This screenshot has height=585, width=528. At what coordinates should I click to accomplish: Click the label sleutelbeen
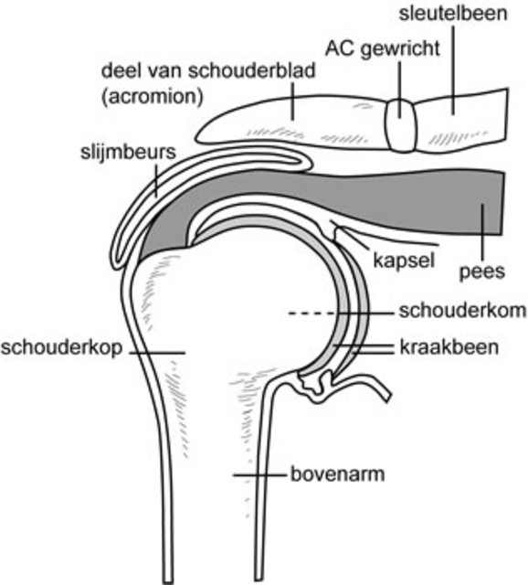(x=453, y=14)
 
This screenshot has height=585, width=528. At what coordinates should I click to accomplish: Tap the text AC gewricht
(x=383, y=48)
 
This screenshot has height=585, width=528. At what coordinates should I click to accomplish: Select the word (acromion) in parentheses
(x=153, y=97)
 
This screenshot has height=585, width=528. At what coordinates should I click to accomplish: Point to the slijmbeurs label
(x=128, y=153)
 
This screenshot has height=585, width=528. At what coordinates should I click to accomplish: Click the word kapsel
(x=404, y=261)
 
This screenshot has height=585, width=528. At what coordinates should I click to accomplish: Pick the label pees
(x=482, y=271)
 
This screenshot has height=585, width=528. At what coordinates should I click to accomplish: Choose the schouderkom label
(x=463, y=311)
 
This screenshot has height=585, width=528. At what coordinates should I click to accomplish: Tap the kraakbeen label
(x=449, y=347)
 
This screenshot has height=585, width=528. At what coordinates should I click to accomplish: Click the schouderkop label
(x=61, y=347)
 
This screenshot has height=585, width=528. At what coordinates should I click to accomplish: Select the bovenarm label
(x=338, y=474)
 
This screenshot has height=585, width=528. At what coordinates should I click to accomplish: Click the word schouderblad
(x=252, y=70)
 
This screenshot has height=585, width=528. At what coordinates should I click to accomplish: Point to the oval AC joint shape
(x=401, y=125)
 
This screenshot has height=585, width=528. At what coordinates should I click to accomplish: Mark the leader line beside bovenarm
(x=259, y=475)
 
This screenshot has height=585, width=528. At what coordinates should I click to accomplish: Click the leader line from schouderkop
(x=157, y=353)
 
